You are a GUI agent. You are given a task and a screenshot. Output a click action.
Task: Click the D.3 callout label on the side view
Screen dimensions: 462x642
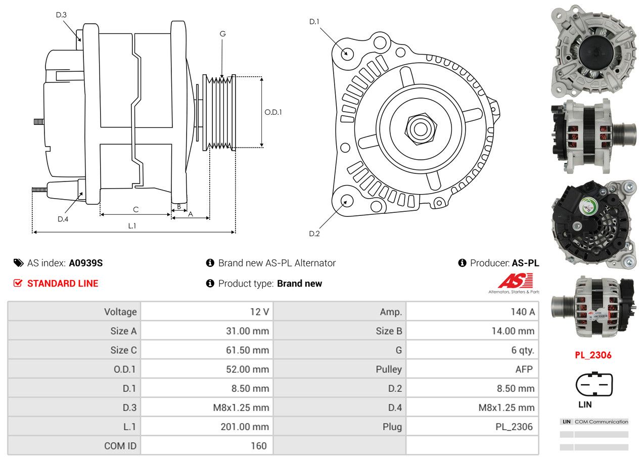pyautogui.click(x=61, y=15)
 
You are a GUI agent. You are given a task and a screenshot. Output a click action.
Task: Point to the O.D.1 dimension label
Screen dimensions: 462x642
pyautogui.click(x=273, y=112)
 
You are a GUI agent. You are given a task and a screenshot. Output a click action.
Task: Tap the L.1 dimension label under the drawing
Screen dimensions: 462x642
pyautogui.click(x=132, y=226)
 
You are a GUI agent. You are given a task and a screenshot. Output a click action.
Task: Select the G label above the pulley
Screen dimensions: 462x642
pyautogui.click(x=222, y=34)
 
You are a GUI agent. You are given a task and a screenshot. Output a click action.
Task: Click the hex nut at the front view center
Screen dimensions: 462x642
pyautogui.click(x=419, y=128)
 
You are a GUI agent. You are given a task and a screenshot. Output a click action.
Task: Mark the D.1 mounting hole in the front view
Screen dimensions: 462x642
pyautogui.click(x=347, y=53)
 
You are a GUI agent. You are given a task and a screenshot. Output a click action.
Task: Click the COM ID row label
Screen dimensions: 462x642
pyautogui.click(x=120, y=446)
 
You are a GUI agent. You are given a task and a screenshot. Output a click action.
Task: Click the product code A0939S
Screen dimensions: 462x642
pyautogui.click(x=86, y=263)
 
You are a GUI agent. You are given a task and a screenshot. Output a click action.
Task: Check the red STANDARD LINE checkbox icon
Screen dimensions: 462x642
pyautogui.click(x=18, y=283)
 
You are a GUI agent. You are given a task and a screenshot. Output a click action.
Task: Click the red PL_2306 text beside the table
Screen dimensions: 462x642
pyautogui.click(x=593, y=355)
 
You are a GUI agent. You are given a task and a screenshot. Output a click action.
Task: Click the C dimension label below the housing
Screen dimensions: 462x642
pyautogui.click(x=135, y=209)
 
